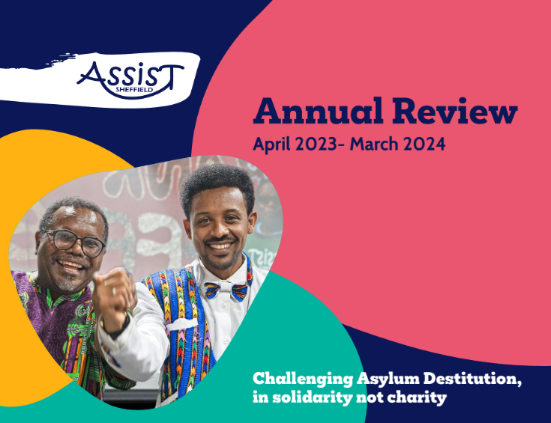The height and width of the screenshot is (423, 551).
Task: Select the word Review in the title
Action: pyautogui.click(x=457, y=112)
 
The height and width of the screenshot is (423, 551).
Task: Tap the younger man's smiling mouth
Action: pyautogui.click(x=220, y=246)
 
